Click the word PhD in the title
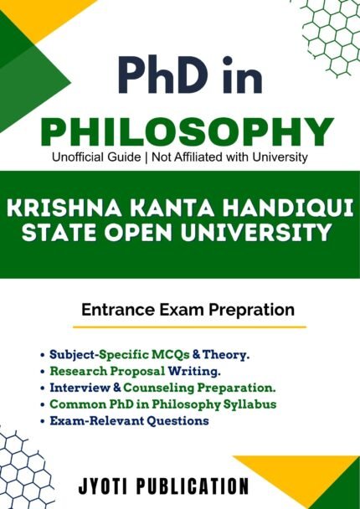point(164,75)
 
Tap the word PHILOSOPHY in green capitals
point(186,132)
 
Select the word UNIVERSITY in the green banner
point(255,233)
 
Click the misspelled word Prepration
point(251,310)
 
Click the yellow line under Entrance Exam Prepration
point(189,326)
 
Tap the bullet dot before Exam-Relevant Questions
point(43,421)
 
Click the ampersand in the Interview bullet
point(117,388)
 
